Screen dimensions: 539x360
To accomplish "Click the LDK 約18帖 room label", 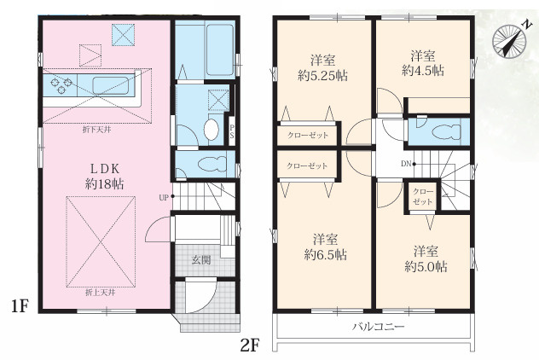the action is [x=105, y=177].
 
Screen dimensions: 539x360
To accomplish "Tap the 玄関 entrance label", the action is [x=201, y=260].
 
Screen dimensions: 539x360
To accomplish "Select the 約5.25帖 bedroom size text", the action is [x=322, y=76].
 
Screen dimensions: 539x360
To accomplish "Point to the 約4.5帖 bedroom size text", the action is [x=423, y=71].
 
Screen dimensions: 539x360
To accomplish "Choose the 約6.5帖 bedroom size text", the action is [x=325, y=255].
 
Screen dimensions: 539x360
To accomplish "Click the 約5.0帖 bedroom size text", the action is [x=426, y=267].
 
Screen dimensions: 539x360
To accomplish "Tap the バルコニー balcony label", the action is [x=379, y=327].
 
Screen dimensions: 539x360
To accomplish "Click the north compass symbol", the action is [x=510, y=39].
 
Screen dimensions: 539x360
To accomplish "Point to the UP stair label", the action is [x=163, y=198].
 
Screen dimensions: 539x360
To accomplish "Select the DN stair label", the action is [x=406, y=164].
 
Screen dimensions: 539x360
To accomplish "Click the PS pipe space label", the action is [x=232, y=131].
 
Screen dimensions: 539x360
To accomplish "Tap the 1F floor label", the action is [x=19, y=306].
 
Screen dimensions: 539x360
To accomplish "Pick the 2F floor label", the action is [x=249, y=345].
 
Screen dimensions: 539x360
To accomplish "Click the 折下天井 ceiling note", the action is [x=96, y=130].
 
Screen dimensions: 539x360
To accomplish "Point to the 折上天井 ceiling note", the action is [x=100, y=293].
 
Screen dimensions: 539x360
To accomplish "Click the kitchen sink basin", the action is [x=110, y=85].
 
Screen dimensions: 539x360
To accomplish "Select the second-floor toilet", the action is [x=447, y=131].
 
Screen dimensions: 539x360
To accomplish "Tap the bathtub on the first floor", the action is [x=220, y=49].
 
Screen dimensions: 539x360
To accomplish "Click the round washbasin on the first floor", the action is [x=211, y=130].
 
